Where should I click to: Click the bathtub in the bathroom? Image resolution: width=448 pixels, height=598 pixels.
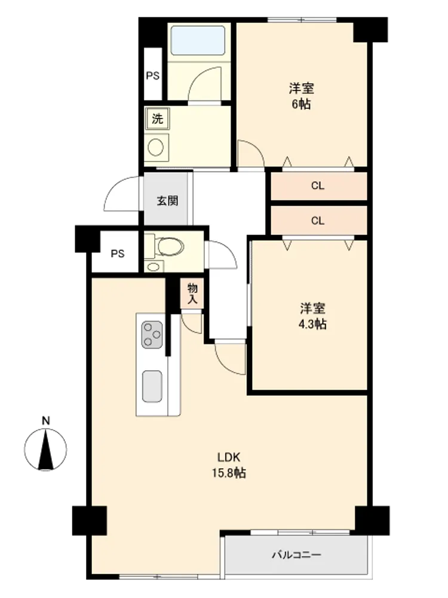tap(198, 41)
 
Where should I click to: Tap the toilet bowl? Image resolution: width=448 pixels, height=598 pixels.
tap(170, 247)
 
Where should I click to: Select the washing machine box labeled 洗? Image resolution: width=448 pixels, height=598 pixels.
tap(157, 118)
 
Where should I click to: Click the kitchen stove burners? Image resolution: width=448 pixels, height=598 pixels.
tap(152, 335)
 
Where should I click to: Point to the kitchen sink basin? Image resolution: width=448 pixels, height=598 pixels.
tap(152, 386)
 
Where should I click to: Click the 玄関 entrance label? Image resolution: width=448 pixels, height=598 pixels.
tap(167, 200)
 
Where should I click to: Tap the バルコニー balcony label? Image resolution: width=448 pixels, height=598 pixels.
tap(296, 554)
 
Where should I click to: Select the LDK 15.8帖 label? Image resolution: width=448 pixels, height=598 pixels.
tap(229, 465)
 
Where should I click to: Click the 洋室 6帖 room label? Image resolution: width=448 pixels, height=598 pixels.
tap(301, 96)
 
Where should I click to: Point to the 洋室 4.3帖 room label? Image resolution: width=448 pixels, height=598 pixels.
tap(312, 316)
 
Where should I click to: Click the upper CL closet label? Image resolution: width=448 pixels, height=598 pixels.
tap(318, 186)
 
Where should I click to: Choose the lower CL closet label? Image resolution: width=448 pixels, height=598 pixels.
tap(318, 221)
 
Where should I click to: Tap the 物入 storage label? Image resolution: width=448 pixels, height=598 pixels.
tap(192, 294)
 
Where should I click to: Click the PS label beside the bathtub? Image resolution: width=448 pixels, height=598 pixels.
tap(153, 75)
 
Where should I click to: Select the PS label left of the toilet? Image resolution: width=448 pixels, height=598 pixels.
tap(117, 254)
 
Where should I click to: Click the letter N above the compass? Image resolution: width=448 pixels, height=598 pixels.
tap(46, 420)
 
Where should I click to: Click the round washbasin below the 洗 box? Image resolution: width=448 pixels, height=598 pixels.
tap(156, 147)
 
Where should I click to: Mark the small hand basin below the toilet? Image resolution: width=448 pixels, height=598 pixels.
tap(154, 267)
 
